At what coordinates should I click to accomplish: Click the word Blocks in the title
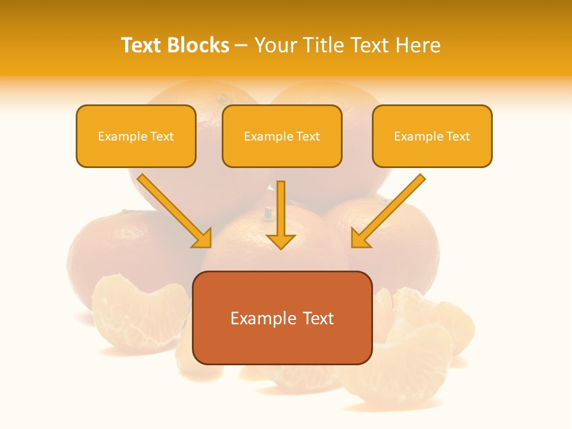(x=198, y=45)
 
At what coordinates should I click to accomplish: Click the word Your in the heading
(x=272, y=45)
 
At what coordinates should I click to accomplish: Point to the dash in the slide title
(x=241, y=46)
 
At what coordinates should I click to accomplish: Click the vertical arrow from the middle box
(x=281, y=214)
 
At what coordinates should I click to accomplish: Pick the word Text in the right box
(x=458, y=136)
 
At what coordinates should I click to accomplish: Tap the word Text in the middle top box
(x=307, y=136)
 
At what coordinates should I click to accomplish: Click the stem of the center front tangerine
(x=268, y=212)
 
